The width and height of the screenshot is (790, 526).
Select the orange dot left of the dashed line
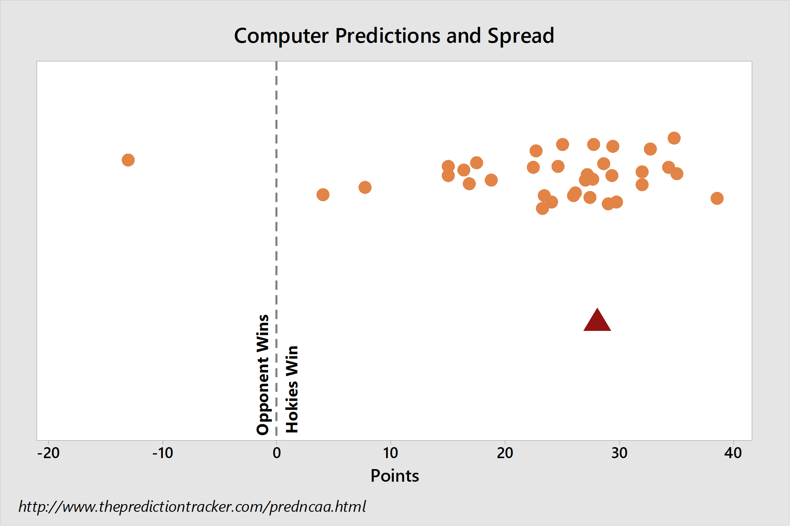pos(128,160)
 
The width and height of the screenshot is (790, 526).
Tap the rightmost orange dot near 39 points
pos(717,198)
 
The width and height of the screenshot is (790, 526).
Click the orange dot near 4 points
pos(323,195)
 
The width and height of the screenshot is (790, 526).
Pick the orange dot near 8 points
pos(365,187)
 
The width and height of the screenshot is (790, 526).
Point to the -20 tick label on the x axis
pos(48,453)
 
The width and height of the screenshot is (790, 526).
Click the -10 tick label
pos(163,453)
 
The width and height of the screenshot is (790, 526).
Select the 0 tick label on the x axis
pos(277,453)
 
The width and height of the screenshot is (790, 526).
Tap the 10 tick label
pos(391,453)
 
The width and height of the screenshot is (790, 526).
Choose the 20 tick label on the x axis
pos(505,453)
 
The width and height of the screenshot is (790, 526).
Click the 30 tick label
pos(619,453)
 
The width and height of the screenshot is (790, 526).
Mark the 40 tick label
pos(733,453)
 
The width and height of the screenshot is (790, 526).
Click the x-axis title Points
pos(395,476)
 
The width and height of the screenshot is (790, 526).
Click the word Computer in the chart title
pos(281,36)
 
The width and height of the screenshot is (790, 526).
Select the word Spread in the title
pos(521,36)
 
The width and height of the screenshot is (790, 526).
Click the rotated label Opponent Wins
pos(263,374)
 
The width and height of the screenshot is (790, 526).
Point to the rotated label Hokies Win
pos(292,389)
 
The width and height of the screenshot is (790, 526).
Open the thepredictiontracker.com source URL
pos(192,506)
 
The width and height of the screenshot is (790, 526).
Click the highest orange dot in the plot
pos(674,138)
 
